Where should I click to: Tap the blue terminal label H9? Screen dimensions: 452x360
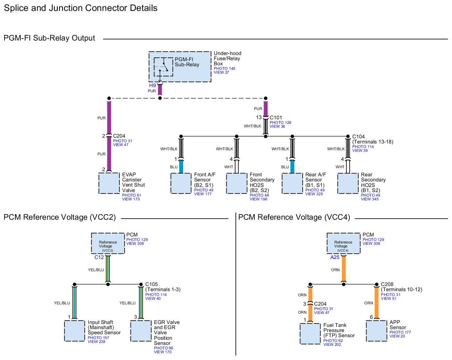(152, 85)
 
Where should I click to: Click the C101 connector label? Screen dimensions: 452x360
(276, 117)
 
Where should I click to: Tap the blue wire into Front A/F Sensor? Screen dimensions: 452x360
(181, 167)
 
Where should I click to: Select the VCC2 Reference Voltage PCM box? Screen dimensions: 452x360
(108, 243)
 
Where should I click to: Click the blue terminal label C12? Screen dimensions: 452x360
(99, 257)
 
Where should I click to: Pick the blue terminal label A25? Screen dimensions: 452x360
(335, 257)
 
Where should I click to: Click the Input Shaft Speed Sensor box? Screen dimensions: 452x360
(75, 331)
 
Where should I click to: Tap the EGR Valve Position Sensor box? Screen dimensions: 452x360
(141, 331)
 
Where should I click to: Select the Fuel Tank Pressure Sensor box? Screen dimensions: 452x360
(310, 334)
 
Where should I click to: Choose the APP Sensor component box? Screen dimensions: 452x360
(376, 331)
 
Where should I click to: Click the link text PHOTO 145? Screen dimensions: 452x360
(224, 69)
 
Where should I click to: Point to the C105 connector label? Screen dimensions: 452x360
(151, 284)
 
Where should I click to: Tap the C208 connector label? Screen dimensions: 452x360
(387, 284)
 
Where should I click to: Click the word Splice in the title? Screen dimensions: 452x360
(16, 8)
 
